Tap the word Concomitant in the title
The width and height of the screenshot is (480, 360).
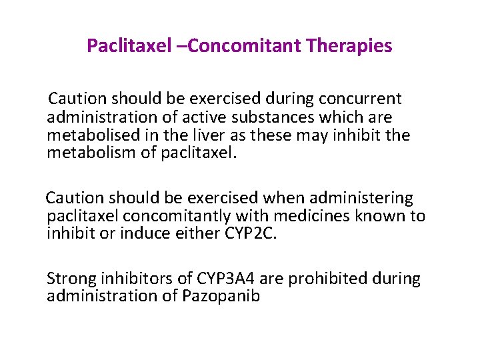(x=243, y=46)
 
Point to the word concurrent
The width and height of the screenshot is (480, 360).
(x=360, y=99)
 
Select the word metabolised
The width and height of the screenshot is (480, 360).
(x=89, y=136)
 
